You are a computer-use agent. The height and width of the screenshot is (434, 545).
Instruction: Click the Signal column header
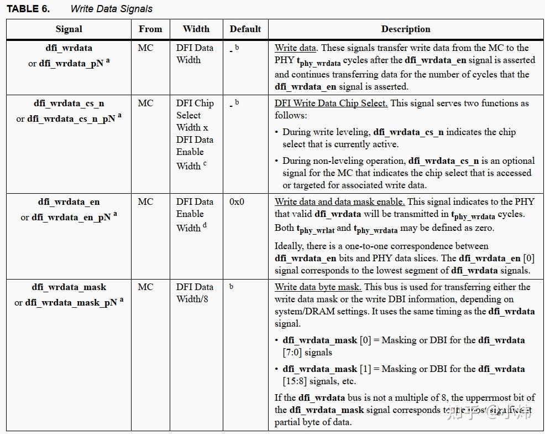(69, 29)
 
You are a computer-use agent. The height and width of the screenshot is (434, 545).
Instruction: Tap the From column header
(150, 29)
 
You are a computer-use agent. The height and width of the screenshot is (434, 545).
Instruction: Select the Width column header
(196, 29)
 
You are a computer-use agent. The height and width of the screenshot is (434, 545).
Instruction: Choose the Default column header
(245, 29)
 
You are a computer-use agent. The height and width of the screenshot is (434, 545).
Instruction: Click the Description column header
(406, 29)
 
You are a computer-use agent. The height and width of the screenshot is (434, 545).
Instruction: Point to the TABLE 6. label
(28, 9)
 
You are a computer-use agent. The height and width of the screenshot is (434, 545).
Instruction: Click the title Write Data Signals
(111, 9)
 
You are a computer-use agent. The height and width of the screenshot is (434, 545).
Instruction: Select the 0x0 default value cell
(237, 202)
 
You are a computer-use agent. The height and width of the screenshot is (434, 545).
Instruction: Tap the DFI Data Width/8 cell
(195, 293)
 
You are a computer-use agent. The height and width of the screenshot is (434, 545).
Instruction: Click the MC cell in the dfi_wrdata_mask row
(145, 287)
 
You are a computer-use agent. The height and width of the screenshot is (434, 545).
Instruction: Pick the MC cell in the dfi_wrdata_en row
(145, 202)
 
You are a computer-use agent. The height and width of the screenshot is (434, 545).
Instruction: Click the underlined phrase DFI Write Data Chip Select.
(331, 104)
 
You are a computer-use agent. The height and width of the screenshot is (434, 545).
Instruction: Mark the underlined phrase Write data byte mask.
(318, 287)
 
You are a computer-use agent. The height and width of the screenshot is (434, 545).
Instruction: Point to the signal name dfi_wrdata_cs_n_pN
(71, 119)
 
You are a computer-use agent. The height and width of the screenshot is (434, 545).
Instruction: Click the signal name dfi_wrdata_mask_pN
(70, 303)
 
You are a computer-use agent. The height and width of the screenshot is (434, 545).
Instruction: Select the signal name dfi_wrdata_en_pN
(71, 218)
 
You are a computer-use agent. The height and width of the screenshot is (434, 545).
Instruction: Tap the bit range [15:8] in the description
(298, 381)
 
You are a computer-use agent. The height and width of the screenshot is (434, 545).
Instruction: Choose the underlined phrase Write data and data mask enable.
(339, 202)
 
